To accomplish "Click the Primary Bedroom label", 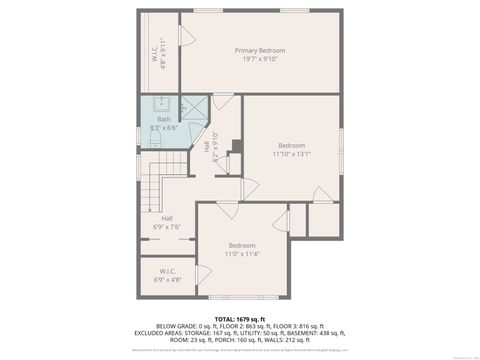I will tap(260, 51).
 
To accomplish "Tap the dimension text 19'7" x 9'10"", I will tap(260, 59).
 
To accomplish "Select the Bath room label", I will tap(163, 120).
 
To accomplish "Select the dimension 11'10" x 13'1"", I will tap(291, 154).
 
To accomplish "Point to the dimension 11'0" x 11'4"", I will tap(242, 254).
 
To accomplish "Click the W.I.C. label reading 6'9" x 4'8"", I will tap(167, 275).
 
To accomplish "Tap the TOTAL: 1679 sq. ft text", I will tap(239, 317).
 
